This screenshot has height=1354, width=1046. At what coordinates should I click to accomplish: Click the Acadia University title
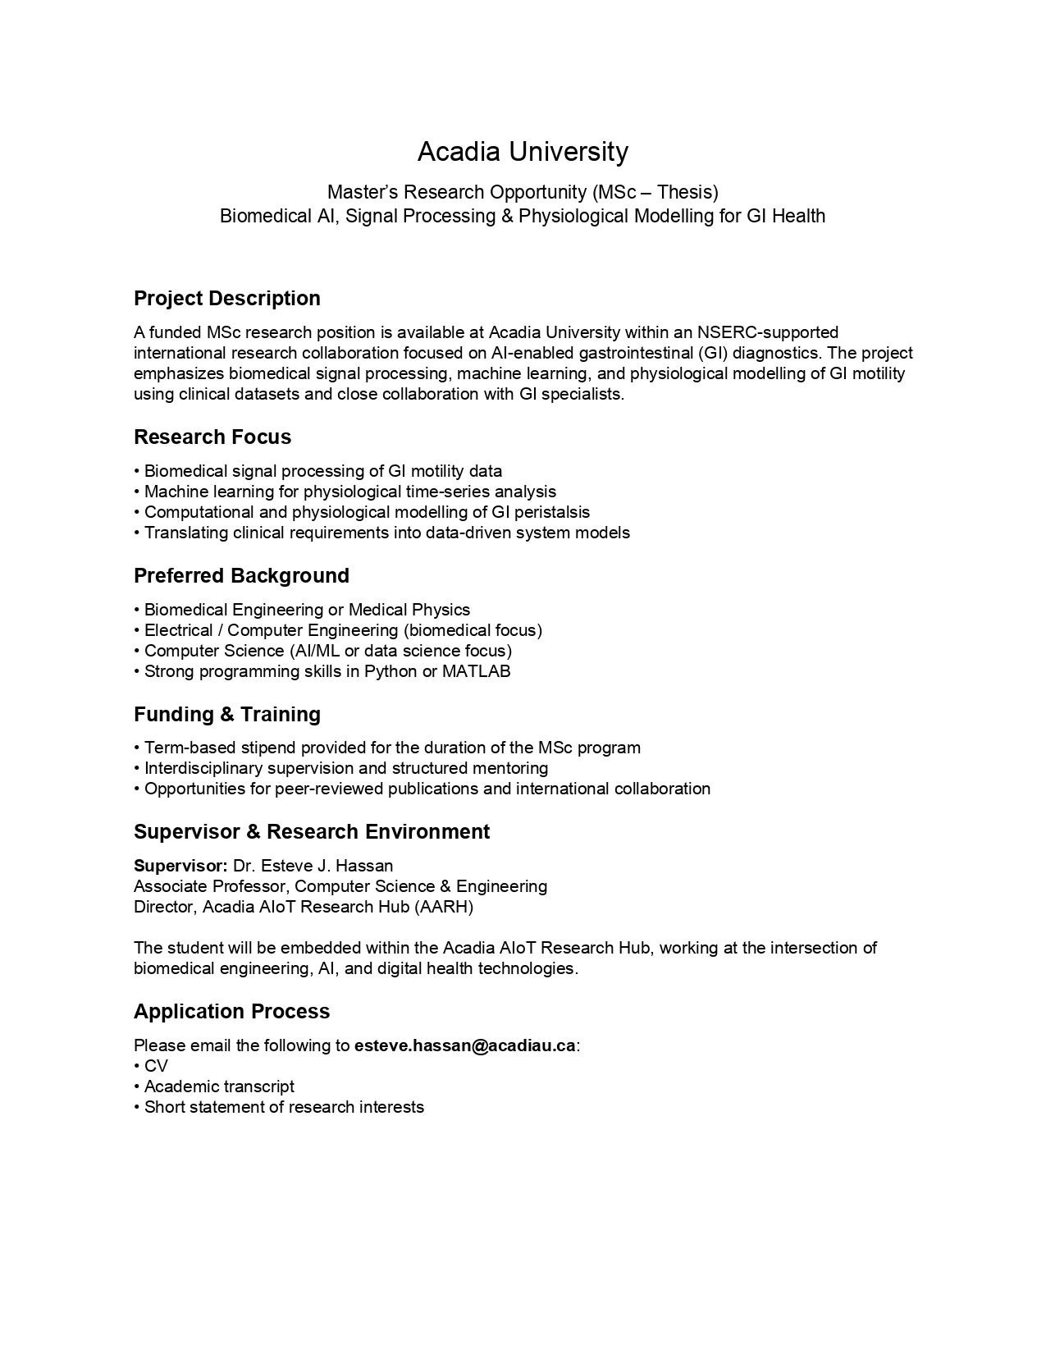coord(523,152)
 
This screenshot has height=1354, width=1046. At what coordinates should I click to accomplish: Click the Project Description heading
coord(226,298)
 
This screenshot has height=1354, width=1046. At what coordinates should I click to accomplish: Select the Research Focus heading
coord(212,437)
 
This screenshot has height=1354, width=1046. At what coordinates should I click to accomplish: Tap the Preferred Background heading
coord(241,575)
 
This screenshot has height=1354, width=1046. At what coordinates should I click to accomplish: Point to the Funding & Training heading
coord(226,714)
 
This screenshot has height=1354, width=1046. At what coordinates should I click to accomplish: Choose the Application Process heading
coord(231,1011)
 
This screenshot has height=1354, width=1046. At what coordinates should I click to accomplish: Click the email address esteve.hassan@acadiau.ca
coord(464,1045)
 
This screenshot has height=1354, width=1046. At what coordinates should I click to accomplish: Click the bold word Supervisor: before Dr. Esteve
coord(180,866)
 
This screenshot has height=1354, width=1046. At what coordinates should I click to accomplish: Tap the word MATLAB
coord(476,671)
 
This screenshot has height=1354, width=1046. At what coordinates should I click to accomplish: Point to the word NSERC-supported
coord(768,332)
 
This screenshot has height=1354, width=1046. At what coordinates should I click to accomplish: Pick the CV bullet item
coord(156,1066)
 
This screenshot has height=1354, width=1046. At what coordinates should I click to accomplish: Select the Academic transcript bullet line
coord(219,1086)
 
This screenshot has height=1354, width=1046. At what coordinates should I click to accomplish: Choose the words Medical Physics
coord(409,610)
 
